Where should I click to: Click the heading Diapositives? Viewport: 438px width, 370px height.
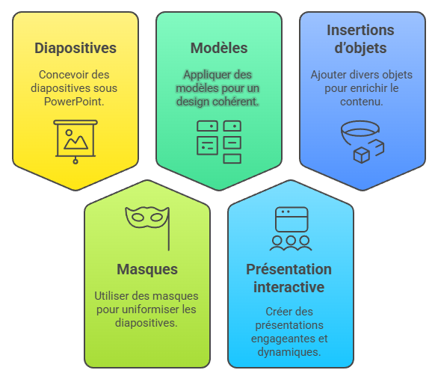click(75, 48)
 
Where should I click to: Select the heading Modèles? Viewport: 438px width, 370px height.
click(219, 48)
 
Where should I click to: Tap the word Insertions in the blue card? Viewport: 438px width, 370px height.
click(360, 30)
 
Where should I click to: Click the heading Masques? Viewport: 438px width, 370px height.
click(147, 270)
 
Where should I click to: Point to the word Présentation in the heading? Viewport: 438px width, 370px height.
click(289, 270)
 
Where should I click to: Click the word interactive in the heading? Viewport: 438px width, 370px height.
click(289, 287)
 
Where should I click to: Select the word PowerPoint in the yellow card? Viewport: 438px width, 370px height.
click(74, 102)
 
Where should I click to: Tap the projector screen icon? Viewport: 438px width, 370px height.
click(75, 142)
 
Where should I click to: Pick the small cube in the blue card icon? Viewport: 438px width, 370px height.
click(362, 155)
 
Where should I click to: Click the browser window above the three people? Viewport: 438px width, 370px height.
click(292, 220)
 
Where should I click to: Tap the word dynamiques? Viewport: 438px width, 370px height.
click(289, 352)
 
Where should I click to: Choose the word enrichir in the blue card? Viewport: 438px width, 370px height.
click(368, 88)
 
